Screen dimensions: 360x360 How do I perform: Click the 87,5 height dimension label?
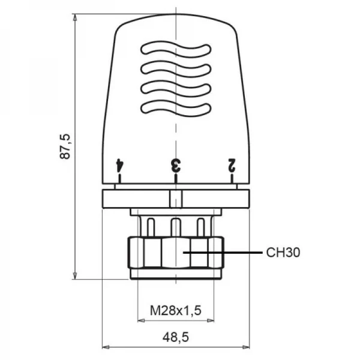click(65, 146)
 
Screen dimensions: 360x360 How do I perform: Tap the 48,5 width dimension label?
click(176, 337)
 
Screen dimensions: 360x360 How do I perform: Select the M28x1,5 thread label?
click(176, 310)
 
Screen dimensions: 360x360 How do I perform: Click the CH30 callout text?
click(283, 253)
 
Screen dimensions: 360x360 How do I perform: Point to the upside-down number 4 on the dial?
click(120, 166)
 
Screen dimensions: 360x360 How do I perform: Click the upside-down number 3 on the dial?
click(176, 166)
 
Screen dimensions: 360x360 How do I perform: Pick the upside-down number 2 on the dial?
click(232, 165)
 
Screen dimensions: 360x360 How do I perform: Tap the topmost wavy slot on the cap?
click(176, 49)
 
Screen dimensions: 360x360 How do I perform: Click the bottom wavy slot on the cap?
click(176, 108)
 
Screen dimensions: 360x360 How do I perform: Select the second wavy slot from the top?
click(176, 68)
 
